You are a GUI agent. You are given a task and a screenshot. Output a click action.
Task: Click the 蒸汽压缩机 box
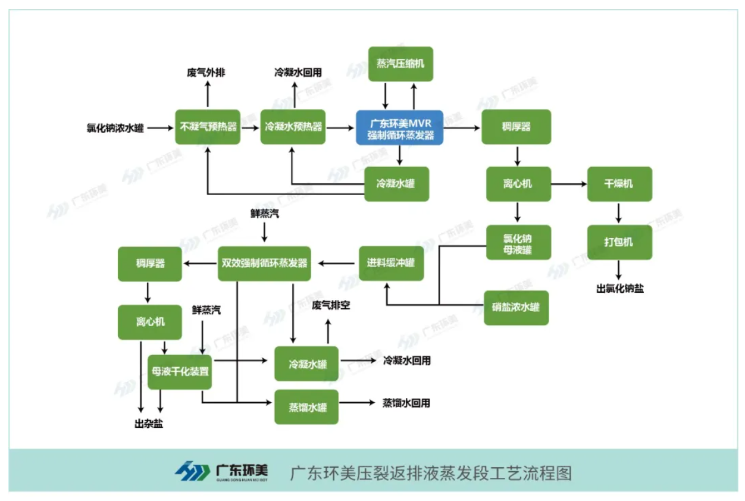[x=400, y=64]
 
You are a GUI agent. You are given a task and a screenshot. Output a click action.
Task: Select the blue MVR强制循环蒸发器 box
[x=400, y=127]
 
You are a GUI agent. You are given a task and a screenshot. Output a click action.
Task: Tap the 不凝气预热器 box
[x=208, y=127]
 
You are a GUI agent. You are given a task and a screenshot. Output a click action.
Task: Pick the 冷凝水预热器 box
[x=293, y=127]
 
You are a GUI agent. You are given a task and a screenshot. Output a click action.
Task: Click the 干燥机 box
[x=619, y=184]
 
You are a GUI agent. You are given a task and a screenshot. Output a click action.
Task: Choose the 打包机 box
[x=619, y=242]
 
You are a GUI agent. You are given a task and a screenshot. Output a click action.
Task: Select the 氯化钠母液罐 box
[x=518, y=242]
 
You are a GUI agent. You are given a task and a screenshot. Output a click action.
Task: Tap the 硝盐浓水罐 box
[x=516, y=308]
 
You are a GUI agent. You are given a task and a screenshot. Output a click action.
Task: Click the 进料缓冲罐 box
[x=391, y=263]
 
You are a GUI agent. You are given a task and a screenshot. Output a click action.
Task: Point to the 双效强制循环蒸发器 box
[x=264, y=263]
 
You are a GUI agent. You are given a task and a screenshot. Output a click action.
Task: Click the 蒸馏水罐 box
[x=306, y=407]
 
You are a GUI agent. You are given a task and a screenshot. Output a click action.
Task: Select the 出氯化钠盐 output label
[x=619, y=289]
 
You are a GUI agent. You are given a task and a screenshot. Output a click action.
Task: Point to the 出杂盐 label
[x=149, y=424]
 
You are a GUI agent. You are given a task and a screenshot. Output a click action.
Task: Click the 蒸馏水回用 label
[x=406, y=403]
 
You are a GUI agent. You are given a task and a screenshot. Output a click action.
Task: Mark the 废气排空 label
[x=331, y=305]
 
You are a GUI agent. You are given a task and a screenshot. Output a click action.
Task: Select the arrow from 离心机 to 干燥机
[x=568, y=184]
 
